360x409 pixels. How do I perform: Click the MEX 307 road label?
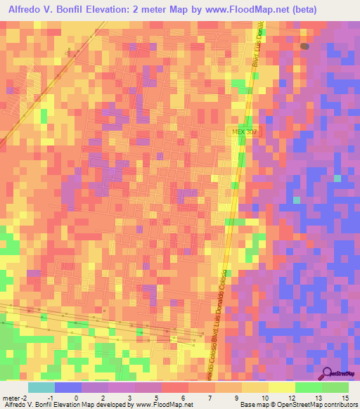[x=243, y=131]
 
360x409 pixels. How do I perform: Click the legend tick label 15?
[x=345, y=398]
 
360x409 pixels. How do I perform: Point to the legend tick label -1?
[x=50, y=398]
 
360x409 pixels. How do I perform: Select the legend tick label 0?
[x=76, y=398]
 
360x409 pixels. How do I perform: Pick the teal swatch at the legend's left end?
[x=41, y=387]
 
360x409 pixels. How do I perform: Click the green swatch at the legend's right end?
[x=336, y=387]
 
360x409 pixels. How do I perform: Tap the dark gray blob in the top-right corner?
[x=304, y=46]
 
